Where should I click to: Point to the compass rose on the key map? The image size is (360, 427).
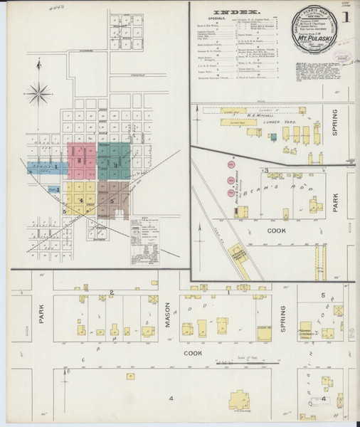click(40, 91)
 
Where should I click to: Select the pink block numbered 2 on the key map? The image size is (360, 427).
click(81, 160)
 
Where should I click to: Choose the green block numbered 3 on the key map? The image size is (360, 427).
click(114, 160)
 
